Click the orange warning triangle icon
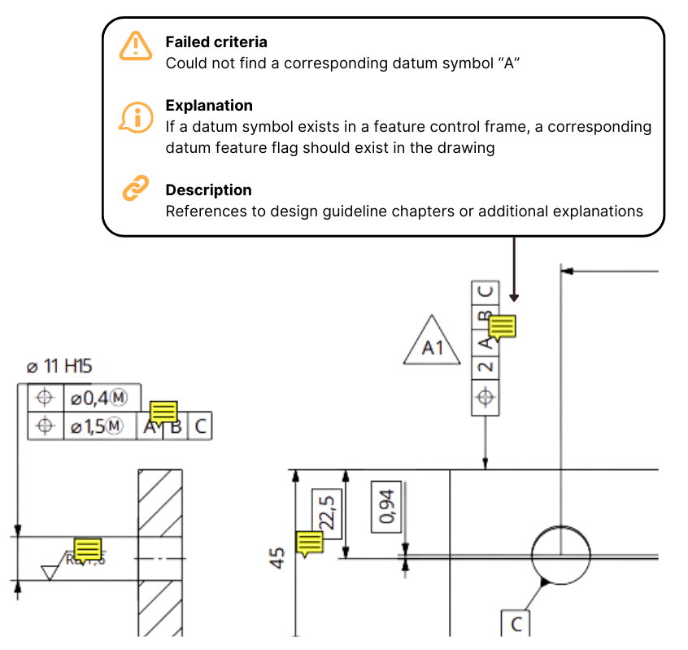[x=136, y=46]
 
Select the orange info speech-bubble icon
[x=136, y=118]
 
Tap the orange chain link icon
[x=136, y=188]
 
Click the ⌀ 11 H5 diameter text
[x=59, y=367]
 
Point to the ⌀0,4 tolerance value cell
[x=100, y=398]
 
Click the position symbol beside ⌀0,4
[x=45, y=398]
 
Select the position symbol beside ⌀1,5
[x=45, y=425]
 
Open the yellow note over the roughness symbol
[x=87, y=550]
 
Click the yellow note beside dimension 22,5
[x=310, y=543]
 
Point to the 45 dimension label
[x=278, y=558]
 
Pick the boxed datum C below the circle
[x=515, y=624]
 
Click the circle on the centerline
[x=561, y=556]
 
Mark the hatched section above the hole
[x=159, y=501]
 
